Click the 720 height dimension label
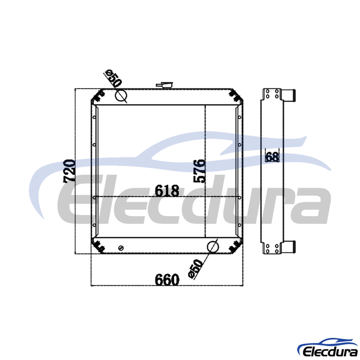click(x=69, y=171)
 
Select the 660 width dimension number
click(x=167, y=279)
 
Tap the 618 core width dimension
click(x=167, y=190)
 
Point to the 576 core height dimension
click(x=199, y=171)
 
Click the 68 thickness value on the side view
click(x=272, y=157)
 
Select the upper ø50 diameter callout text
click(x=113, y=78)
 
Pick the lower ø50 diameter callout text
click(x=195, y=269)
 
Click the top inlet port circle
click(x=121, y=95)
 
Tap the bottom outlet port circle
click(x=213, y=247)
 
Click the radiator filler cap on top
click(x=165, y=85)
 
